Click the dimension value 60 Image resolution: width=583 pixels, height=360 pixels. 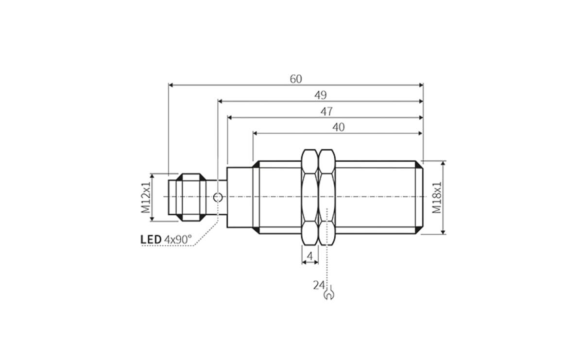[x=296, y=79]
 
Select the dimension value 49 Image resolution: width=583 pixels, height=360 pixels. [x=320, y=95]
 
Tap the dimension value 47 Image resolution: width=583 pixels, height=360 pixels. [x=326, y=111]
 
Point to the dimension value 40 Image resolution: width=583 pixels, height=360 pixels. [x=338, y=127]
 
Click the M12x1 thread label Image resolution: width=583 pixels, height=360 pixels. [x=145, y=197]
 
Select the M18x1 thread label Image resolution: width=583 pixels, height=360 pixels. [x=437, y=197]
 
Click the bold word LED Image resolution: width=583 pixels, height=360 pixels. [x=151, y=240]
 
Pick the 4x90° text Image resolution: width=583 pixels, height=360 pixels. [x=178, y=240]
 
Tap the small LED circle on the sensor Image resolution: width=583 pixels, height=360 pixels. [x=218, y=197]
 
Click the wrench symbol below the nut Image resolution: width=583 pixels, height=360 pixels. [x=328, y=293]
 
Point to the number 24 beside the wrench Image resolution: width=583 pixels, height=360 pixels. [x=318, y=286]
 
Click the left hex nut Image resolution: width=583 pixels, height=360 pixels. [x=310, y=197]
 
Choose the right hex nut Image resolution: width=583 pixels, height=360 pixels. [x=326, y=197]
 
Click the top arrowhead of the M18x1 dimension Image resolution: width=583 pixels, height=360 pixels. [x=443, y=164]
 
